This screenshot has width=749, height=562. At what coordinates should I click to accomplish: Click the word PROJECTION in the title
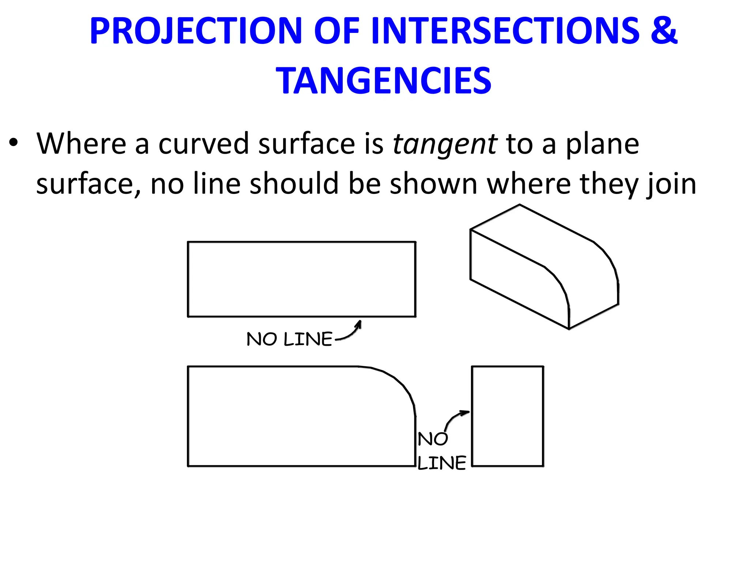195,31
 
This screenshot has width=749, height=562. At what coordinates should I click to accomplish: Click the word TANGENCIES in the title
384,81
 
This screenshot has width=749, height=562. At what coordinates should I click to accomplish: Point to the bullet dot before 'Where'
14,144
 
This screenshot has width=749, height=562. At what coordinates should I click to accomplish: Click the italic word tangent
445,145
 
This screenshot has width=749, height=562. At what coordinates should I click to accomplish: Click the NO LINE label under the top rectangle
289,339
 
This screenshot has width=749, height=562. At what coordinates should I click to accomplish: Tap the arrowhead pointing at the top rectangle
359,323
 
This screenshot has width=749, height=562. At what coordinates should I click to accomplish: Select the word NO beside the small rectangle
433,439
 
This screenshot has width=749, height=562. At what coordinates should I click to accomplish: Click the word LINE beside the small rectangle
442,463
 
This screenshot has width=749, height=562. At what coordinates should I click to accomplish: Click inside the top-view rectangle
301,279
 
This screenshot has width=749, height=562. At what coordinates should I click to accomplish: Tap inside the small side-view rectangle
507,416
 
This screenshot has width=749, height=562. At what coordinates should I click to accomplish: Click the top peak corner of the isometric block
520,205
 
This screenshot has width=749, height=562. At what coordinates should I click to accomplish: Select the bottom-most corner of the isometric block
569,329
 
